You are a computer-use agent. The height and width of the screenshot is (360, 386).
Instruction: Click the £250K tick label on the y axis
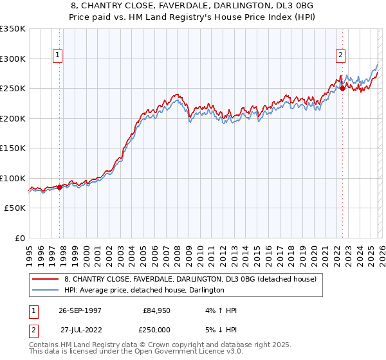click(13, 88)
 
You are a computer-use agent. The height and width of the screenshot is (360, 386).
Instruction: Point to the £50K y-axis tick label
click(15, 208)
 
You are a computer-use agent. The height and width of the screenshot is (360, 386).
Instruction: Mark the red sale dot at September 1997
click(60, 187)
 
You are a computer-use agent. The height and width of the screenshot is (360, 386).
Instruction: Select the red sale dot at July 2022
click(342, 89)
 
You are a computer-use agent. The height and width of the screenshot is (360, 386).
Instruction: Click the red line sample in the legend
click(44, 280)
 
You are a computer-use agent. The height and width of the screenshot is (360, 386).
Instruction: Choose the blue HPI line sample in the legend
click(44, 291)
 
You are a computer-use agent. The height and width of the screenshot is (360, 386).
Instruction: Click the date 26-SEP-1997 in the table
click(79, 310)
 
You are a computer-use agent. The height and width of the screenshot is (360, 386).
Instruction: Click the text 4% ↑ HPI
click(220, 310)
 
